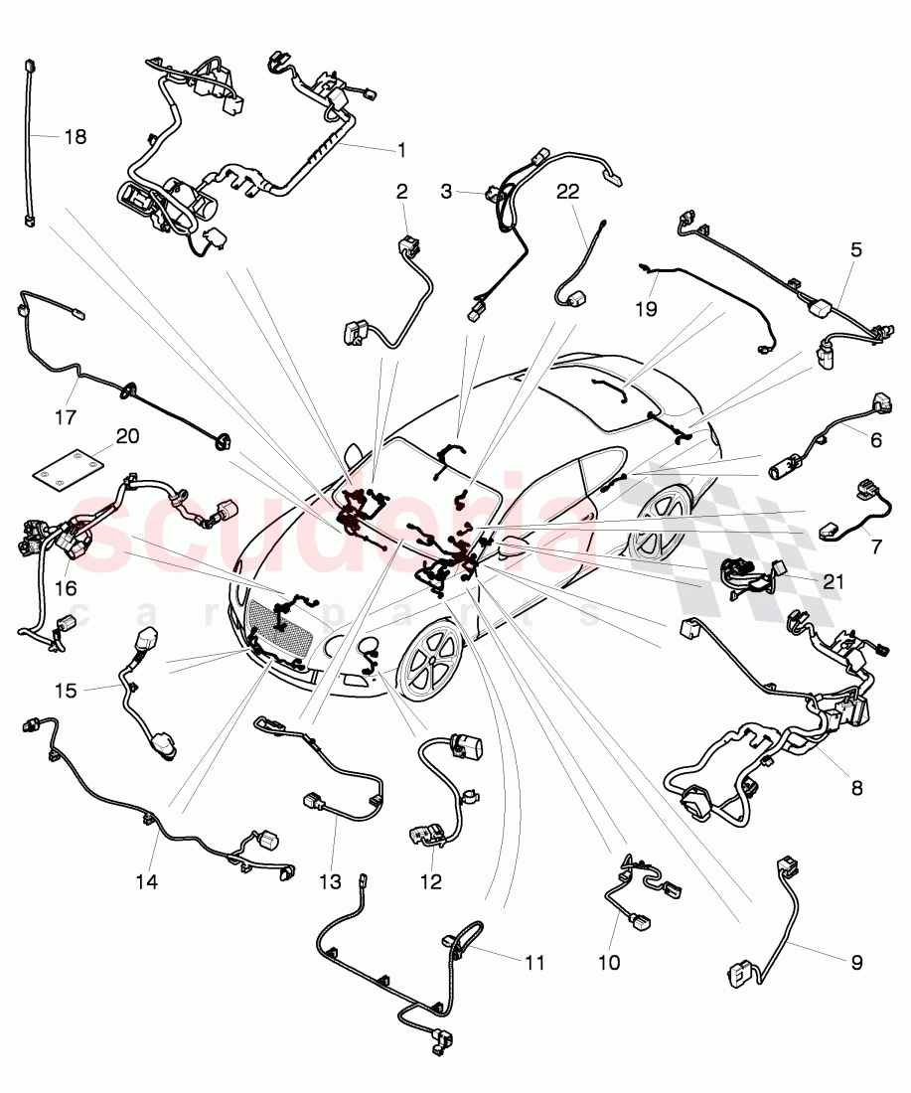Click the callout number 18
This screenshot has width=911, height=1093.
coord(76,137)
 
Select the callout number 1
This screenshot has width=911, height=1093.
coord(401,150)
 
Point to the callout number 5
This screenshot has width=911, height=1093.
coord(855,252)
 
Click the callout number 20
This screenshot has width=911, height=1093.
coord(126,435)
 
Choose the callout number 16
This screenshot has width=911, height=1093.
coord(66,588)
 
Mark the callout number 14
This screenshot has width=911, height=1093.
coord(155,881)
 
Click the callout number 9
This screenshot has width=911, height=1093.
coord(856,962)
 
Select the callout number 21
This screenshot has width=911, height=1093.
coord(833,581)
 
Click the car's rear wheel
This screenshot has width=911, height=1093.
coord(656,520)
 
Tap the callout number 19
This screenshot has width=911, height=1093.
coord(646,309)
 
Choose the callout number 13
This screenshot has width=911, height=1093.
coord(330,881)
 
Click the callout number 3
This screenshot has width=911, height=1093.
coord(446,191)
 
